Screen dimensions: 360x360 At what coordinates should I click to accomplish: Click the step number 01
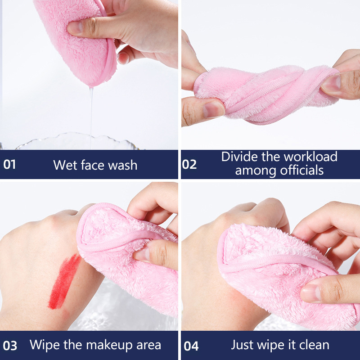click(9, 164)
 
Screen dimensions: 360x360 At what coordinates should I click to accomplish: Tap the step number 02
click(189, 164)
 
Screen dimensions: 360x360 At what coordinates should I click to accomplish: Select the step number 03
click(10, 346)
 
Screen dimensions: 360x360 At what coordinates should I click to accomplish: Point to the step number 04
click(191, 346)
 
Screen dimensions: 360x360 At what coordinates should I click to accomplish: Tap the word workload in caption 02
click(310, 157)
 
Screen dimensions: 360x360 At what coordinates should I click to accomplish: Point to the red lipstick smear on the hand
click(64, 282)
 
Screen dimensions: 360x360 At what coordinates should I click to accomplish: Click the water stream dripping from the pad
click(91, 117)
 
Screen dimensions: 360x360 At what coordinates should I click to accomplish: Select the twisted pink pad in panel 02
click(266, 94)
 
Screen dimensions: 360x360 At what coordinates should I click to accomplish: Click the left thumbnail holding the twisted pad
click(213, 110)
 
